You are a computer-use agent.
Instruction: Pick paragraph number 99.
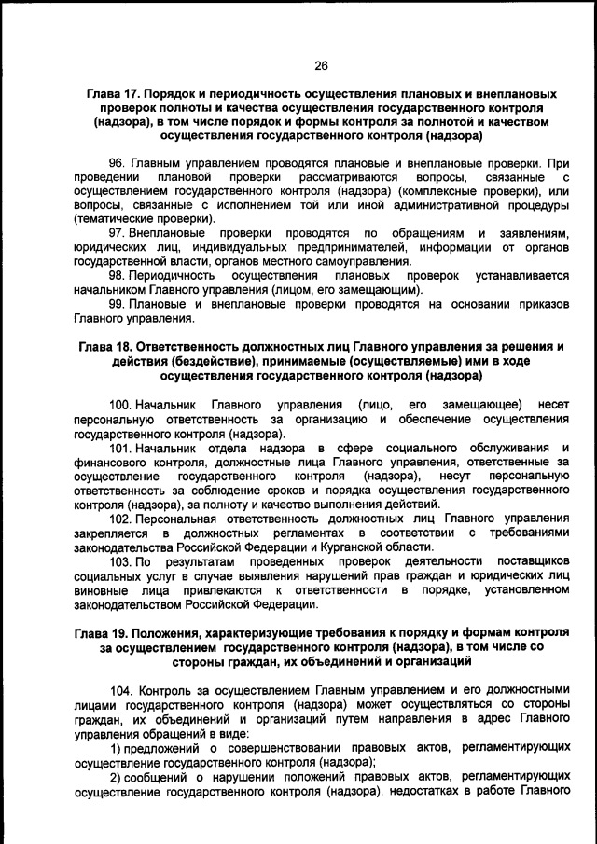tap(118, 304)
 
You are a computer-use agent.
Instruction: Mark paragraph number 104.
tap(121, 692)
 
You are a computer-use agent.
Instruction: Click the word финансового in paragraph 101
tap(110, 463)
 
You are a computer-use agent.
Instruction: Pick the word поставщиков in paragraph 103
tap(533, 562)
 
